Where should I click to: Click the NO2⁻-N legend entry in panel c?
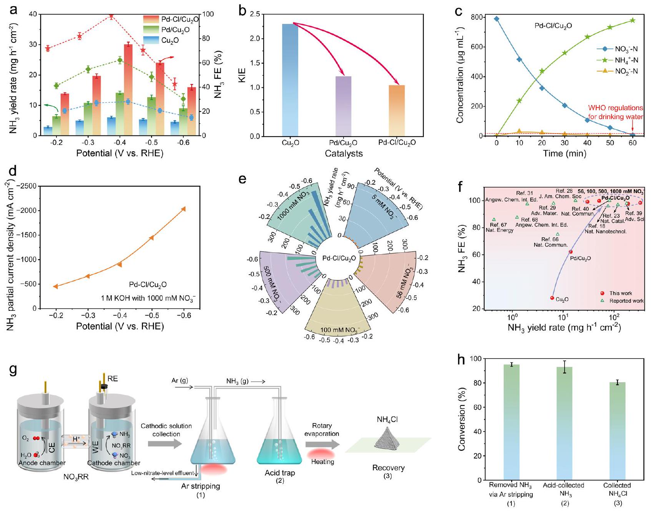click(x=617, y=71)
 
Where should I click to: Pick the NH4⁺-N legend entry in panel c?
click(x=617, y=60)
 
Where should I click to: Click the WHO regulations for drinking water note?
click(x=615, y=112)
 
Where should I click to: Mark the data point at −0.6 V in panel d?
click(x=183, y=209)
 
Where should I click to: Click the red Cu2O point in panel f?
click(x=552, y=298)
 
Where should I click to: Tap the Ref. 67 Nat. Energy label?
click(x=499, y=227)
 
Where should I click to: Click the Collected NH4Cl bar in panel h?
click(x=617, y=431)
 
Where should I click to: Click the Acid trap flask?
click(x=280, y=442)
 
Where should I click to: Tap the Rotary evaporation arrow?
click(x=322, y=445)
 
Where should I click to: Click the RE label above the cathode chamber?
click(x=113, y=379)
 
